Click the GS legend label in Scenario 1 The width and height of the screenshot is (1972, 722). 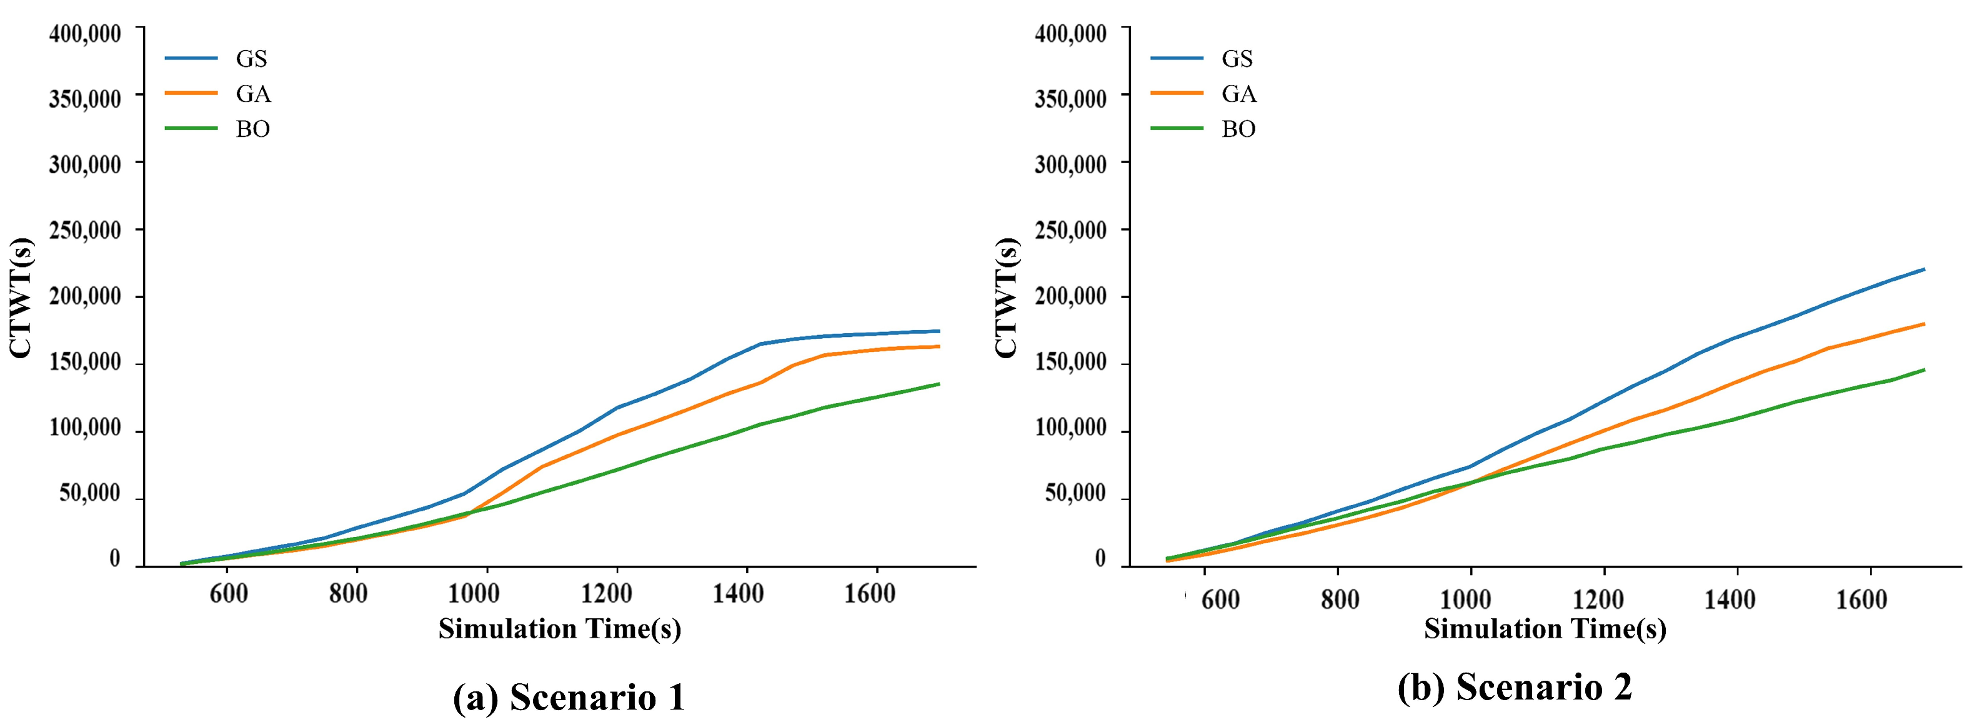click(251, 59)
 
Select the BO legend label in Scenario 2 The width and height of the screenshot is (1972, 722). click(1238, 129)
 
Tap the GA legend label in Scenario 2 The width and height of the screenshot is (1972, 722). click(1238, 94)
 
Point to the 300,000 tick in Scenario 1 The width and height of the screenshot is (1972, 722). click(84, 164)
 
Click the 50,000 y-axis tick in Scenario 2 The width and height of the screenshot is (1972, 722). click(1075, 494)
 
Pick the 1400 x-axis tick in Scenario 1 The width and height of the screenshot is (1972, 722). click(737, 594)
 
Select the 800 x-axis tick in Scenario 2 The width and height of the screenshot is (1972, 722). click(1340, 599)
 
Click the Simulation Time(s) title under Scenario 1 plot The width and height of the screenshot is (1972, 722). click(560, 629)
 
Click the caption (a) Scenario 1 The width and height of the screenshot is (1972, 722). click(569, 697)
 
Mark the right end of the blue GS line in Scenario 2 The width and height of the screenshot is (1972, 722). click(1923, 269)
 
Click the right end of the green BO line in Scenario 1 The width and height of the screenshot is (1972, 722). click(939, 384)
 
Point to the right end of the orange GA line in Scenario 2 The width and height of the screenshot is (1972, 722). click(1923, 324)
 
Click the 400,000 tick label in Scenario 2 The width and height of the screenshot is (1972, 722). click(1070, 33)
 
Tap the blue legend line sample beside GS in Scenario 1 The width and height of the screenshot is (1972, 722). click(191, 58)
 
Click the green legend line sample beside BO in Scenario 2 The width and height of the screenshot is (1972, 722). click(1177, 129)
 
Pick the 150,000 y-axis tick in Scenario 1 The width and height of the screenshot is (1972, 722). click(84, 361)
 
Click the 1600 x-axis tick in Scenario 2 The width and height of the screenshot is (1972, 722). click(1861, 599)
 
